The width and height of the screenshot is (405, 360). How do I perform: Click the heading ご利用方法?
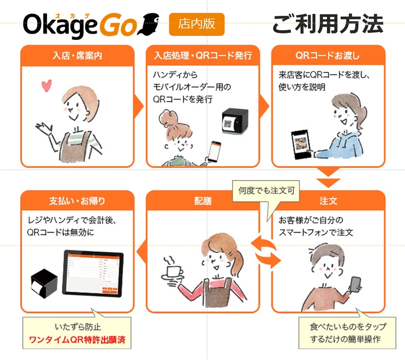(x=327, y=25)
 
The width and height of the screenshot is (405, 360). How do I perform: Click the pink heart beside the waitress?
(x=47, y=87)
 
